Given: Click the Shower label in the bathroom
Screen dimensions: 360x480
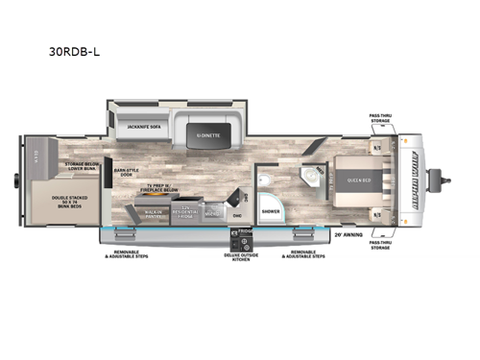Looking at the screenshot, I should [272, 211].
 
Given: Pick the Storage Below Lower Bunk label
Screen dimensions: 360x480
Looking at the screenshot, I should [83, 166].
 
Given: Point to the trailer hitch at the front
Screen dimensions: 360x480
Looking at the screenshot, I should [444, 178].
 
